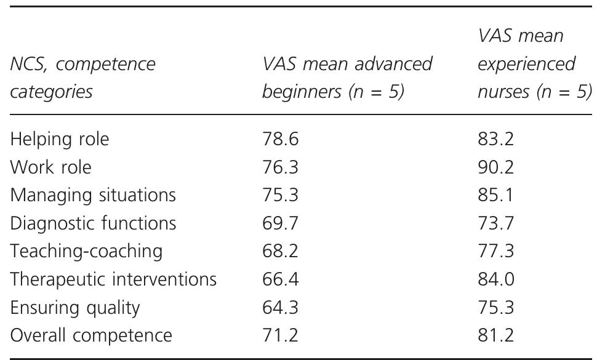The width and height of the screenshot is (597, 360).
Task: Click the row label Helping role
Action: pyautogui.click(x=59, y=140)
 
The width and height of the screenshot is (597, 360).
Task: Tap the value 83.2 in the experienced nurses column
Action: pyautogui.click(x=495, y=140)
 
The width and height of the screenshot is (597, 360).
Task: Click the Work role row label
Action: pyautogui.click(x=51, y=167)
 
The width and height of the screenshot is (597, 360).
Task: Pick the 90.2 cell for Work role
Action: pyautogui.click(x=495, y=167)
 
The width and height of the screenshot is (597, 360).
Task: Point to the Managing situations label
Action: pyautogui.click(x=93, y=196)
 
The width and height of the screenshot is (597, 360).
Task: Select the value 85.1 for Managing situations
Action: pyautogui.click(x=495, y=196)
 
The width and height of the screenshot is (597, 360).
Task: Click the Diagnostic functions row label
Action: pyautogui.click(x=93, y=223)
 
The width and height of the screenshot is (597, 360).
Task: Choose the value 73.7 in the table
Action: pyautogui.click(x=495, y=223)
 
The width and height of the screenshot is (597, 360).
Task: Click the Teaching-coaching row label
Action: pyautogui.click(x=86, y=251)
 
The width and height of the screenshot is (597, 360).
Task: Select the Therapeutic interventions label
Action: pyautogui.click(x=113, y=279)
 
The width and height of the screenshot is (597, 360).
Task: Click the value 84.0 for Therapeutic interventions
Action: pyautogui.click(x=495, y=279)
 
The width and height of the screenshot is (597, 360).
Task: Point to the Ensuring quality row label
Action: pyautogui.click(x=75, y=307)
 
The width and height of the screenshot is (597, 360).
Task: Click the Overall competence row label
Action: pyautogui.click(x=91, y=335)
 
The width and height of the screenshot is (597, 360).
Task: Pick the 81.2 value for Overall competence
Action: pyautogui.click(x=495, y=335)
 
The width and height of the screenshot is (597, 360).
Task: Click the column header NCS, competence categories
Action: pyautogui.click(x=83, y=78)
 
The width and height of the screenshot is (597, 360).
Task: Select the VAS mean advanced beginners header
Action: pyautogui.click(x=347, y=78)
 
